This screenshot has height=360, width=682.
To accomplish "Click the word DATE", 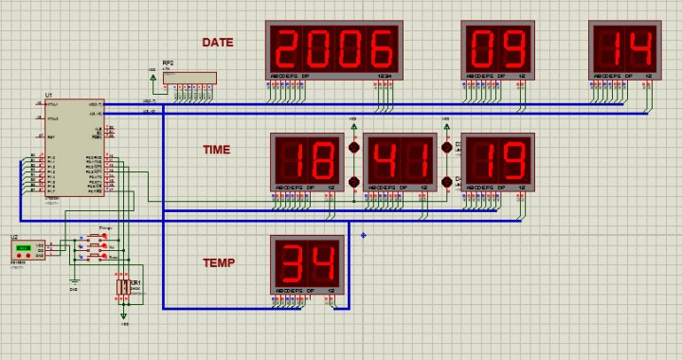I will coord(217,43).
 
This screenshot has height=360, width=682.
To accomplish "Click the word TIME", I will coord(216,150).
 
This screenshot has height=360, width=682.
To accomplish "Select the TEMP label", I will coord(218,263).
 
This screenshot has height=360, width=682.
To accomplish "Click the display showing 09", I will coord(496,48).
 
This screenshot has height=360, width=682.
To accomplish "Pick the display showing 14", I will coord(623,48).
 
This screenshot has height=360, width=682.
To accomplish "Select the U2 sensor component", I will coord(27,250).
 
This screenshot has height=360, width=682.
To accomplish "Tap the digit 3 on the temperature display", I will coord(291,261).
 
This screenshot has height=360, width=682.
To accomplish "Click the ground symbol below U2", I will coord(75,279).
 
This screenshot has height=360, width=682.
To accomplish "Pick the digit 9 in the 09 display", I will coord(511,46).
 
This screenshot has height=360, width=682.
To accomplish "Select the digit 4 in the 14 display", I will coord(638,46).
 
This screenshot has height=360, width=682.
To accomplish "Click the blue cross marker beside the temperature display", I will coord(363,235).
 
